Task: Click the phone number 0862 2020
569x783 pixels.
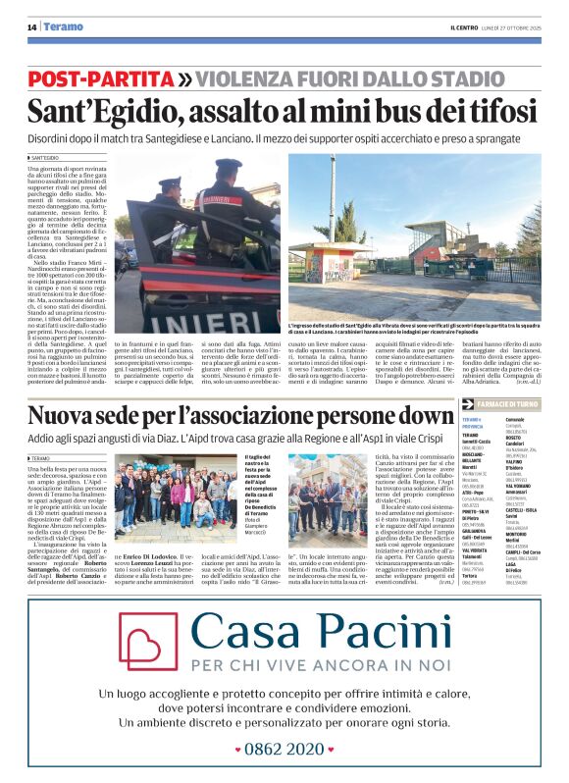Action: pyautogui.click(x=285, y=748)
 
